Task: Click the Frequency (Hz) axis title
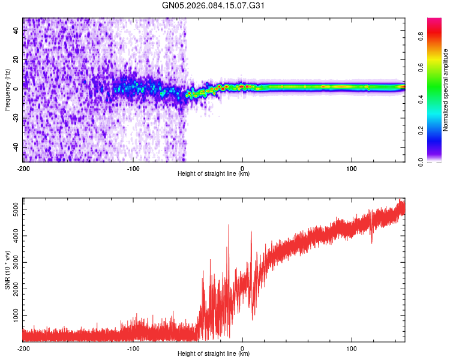7,90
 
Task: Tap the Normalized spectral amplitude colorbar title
446,90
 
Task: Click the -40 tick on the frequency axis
15,147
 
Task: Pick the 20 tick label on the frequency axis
16,59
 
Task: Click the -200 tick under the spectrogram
23,169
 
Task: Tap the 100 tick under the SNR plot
352,349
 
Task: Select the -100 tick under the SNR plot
133,349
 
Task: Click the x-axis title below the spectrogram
214,175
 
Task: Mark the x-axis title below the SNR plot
214,355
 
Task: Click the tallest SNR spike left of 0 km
229,225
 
